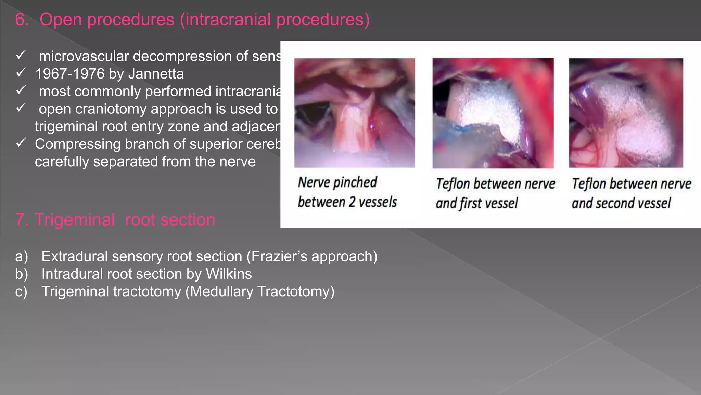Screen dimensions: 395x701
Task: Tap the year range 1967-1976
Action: click(70, 74)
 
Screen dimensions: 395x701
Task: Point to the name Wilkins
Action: click(229, 274)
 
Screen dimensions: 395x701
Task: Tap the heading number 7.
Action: click(21, 219)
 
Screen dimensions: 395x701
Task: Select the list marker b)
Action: click(22, 274)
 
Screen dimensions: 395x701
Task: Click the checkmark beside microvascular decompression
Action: click(21, 55)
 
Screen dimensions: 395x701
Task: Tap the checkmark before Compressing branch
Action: click(21, 143)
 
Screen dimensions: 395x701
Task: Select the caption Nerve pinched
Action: click(337, 182)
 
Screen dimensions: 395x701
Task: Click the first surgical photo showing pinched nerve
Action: click(354, 113)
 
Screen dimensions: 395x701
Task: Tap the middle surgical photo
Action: click(493, 113)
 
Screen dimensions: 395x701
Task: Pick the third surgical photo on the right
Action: click(626, 113)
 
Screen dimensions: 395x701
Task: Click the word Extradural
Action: click(75, 256)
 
